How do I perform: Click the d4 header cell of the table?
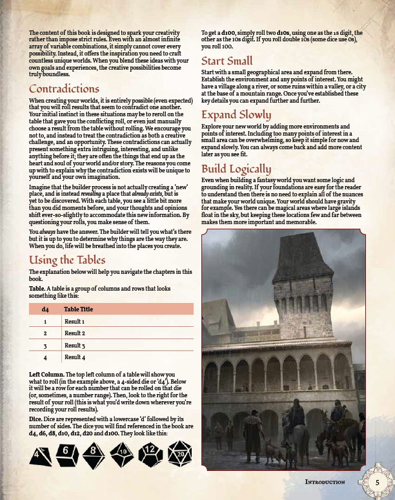coord(45,309)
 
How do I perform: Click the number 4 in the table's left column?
coord(45,357)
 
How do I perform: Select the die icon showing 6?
coord(67,453)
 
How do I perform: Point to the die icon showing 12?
coord(148,451)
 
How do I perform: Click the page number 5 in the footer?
coord(377,481)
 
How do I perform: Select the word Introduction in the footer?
coord(325,482)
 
